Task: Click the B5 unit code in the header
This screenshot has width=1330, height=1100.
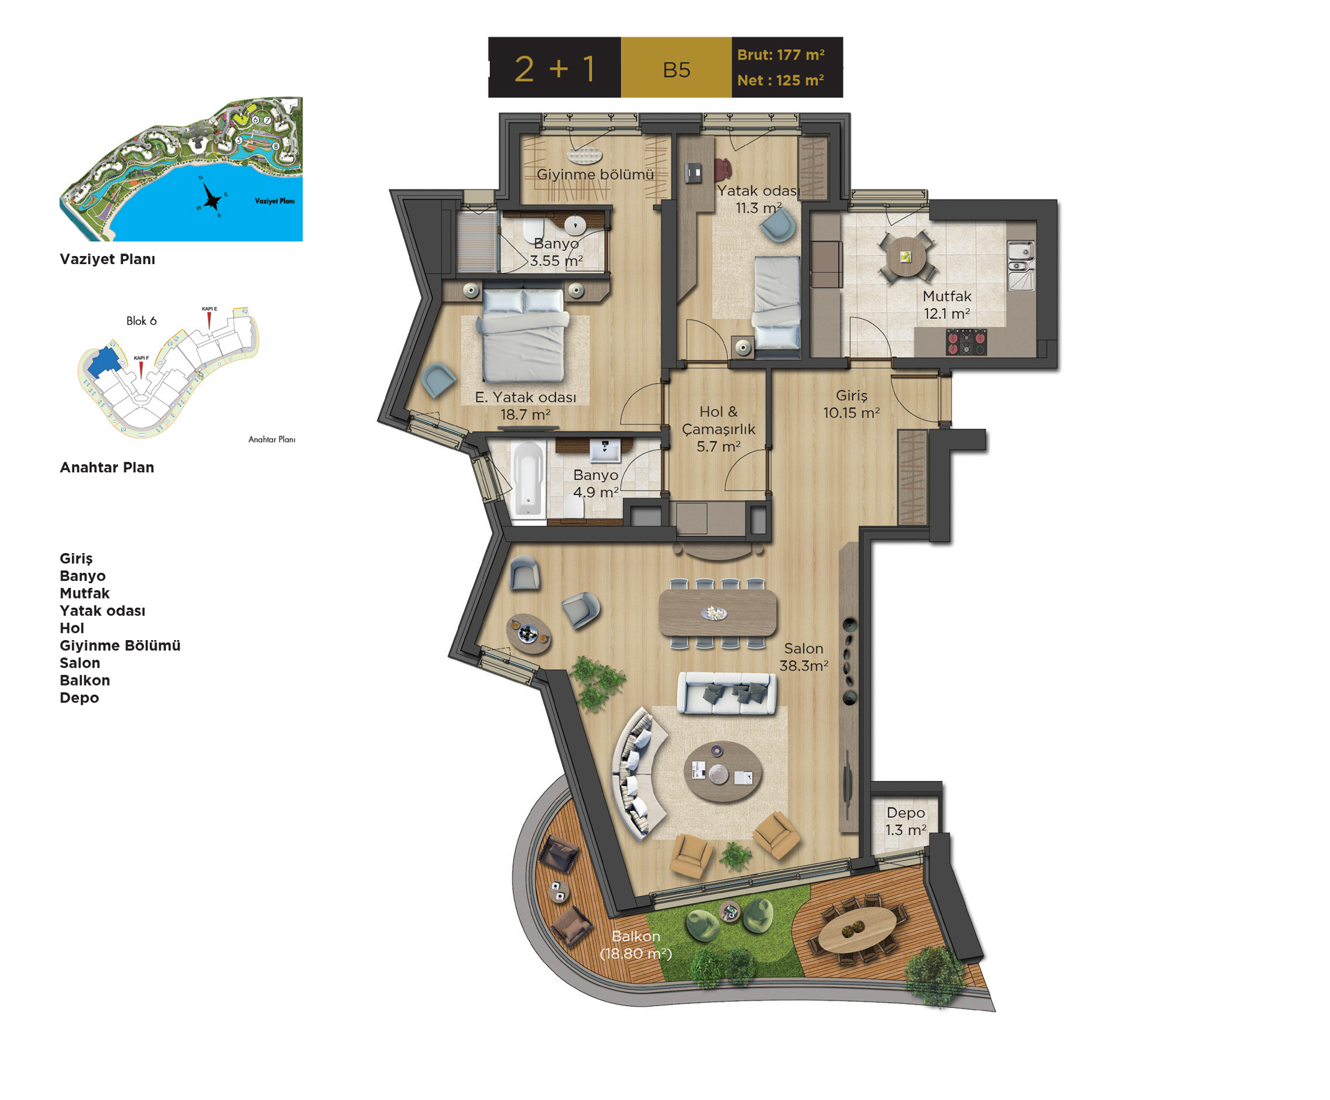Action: click(676, 70)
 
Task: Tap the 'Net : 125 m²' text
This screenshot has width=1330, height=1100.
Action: click(780, 80)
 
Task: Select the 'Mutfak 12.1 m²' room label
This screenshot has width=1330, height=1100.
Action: click(947, 305)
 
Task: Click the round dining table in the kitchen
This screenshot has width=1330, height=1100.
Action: click(906, 257)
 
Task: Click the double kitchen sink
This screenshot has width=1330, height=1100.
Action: click(1021, 265)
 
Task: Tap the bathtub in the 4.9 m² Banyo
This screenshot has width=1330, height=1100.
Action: click(528, 479)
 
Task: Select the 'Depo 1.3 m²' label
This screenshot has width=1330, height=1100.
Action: click(906, 822)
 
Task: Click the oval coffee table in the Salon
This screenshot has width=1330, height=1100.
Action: click(723, 772)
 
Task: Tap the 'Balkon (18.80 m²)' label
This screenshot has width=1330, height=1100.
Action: click(636, 945)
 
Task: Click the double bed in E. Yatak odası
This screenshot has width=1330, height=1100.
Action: click(525, 334)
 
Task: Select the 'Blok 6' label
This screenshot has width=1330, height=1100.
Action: click(141, 321)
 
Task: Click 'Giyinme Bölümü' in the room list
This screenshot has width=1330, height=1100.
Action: click(121, 646)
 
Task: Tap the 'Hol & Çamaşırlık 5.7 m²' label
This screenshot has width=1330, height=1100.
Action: click(718, 429)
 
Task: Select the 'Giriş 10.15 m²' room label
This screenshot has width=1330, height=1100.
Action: click(851, 404)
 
